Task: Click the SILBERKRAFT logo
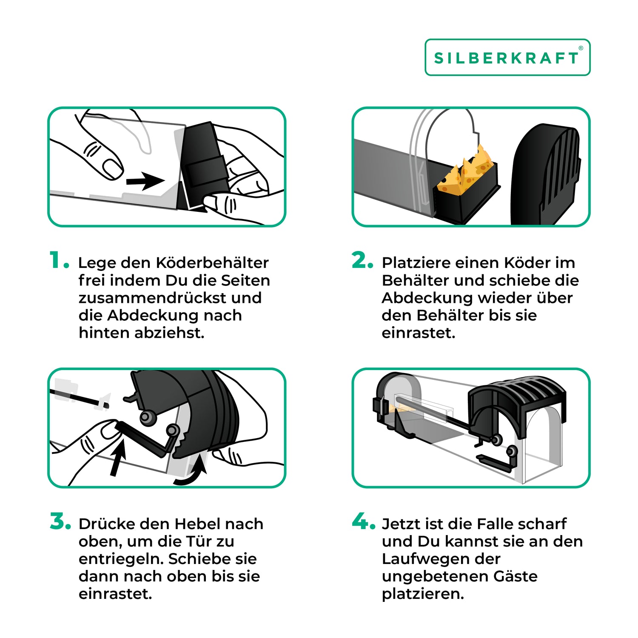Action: tap(507, 57)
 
